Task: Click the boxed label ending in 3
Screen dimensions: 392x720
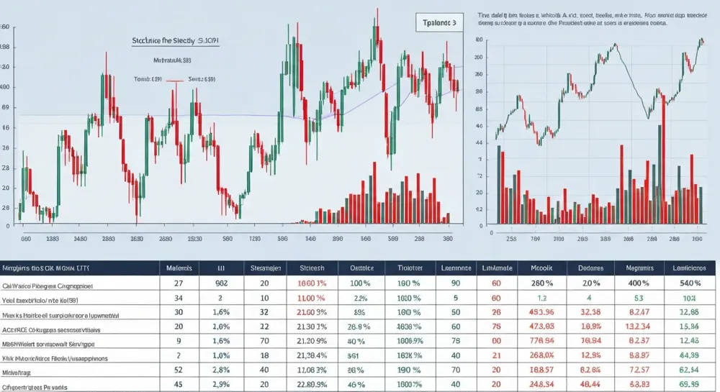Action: pyautogui.click(x=438, y=23)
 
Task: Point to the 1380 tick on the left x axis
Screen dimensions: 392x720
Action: pyautogui.click(x=52, y=239)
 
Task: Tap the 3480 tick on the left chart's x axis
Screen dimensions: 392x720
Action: pyautogui.click(x=80, y=239)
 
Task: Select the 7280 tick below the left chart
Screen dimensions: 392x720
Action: pyautogui.click(x=253, y=239)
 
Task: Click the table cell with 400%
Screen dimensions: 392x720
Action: pyautogui.click(x=638, y=283)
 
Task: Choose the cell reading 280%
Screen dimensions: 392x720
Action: pyautogui.click(x=542, y=283)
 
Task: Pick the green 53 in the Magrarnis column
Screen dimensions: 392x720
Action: pyautogui.click(x=638, y=298)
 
